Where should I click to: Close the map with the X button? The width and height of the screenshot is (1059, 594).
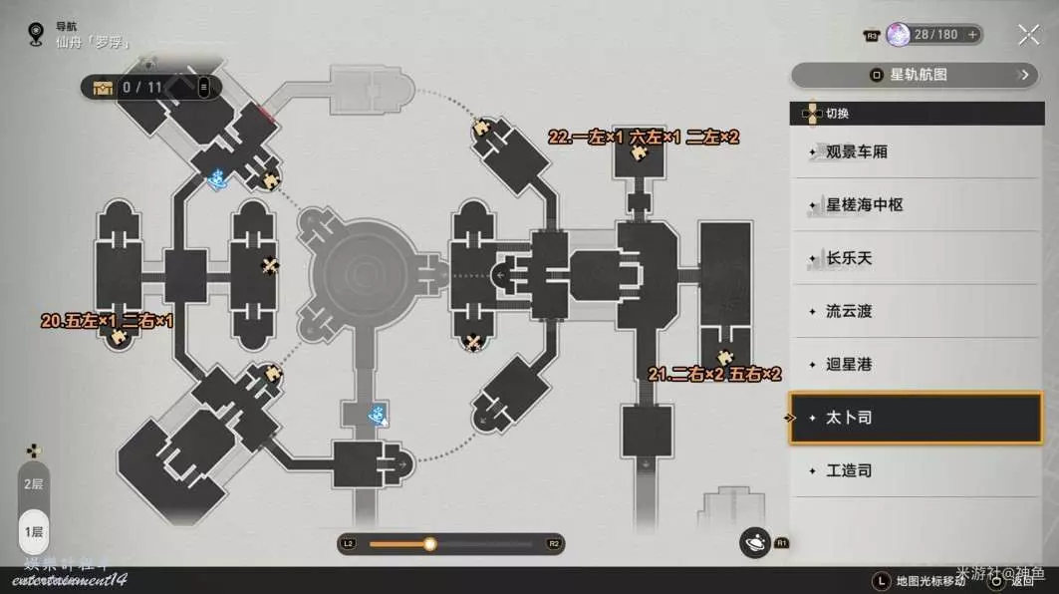coord(1028,35)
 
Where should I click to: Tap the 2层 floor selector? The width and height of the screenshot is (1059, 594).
coord(34,483)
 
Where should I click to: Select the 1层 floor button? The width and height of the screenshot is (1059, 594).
coord(34,531)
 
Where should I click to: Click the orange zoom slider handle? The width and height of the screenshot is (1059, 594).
coord(429,544)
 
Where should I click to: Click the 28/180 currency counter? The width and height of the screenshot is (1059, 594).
coord(934,35)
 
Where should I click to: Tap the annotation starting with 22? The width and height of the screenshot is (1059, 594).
coord(644,138)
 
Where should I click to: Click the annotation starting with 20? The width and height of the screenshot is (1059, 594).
coord(107,321)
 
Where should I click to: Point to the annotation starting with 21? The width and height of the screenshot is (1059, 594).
coord(713,375)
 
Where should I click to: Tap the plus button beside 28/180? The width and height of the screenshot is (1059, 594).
coord(973,35)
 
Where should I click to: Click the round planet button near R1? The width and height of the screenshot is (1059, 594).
coord(755,541)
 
